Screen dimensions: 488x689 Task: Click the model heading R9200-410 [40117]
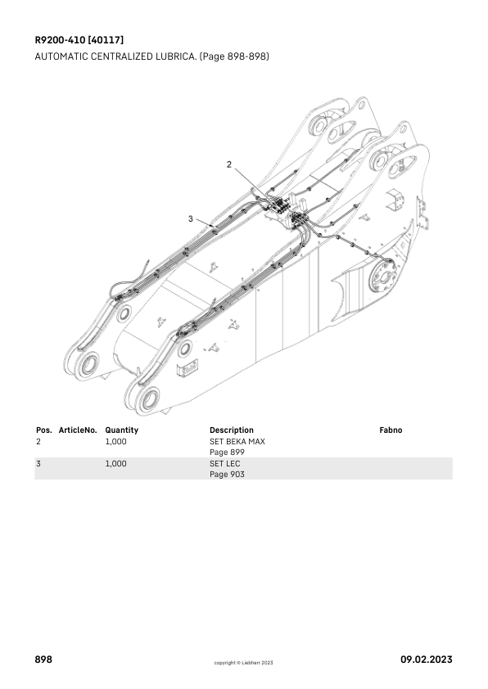click(79, 40)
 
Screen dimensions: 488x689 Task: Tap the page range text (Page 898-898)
click(234, 56)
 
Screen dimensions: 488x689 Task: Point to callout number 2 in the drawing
click(229, 164)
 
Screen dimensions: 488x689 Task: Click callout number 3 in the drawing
click(190, 218)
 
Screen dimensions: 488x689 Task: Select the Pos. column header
click(44, 430)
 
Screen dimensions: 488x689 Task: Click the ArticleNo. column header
click(78, 430)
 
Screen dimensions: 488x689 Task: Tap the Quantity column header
click(121, 430)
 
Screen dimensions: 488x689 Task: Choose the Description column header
click(231, 430)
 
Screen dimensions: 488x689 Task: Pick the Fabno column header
click(391, 430)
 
